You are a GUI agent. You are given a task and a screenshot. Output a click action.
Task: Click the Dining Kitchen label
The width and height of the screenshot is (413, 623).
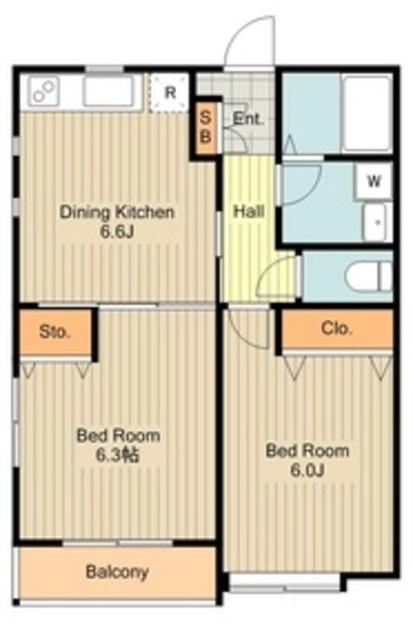[x=117, y=212]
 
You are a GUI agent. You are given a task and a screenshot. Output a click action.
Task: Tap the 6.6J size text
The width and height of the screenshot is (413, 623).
[x=117, y=232]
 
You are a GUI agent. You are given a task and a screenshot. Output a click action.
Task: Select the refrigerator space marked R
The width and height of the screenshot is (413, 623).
[x=169, y=92]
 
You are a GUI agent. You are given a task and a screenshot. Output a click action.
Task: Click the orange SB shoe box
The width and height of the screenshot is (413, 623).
[x=205, y=128]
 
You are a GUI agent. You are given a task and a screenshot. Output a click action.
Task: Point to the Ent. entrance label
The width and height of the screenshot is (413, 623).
[x=249, y=119]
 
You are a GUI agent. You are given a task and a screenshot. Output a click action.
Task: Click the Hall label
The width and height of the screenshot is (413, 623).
[x=249, y=211]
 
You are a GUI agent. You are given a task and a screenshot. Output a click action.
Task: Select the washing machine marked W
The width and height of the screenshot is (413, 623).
[x=374, y=181]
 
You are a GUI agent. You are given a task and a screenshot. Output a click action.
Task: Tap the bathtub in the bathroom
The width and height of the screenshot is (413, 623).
[x=366, y=114]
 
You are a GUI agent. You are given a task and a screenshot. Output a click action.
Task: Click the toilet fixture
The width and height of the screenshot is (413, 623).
[x=368, y=276]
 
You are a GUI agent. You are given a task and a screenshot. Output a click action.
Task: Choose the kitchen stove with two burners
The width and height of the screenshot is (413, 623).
[x=44, y=92]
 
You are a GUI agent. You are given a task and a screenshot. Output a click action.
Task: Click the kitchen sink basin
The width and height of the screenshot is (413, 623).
[x=108, y=91]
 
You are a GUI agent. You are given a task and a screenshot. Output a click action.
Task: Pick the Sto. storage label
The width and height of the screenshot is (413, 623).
[x=54, y=331]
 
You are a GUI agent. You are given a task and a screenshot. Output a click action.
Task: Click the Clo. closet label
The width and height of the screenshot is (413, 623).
[x=336, y=329]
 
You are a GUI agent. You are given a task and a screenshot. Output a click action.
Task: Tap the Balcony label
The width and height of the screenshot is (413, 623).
[x=118, y=572]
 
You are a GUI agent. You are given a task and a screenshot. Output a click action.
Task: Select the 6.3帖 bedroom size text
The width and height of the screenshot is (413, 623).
[x=118, y=456]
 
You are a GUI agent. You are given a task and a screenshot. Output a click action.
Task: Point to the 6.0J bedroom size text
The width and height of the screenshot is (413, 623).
[x=308, y=471]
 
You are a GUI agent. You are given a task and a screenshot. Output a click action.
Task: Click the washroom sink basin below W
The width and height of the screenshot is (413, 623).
[x=376, y=223]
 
